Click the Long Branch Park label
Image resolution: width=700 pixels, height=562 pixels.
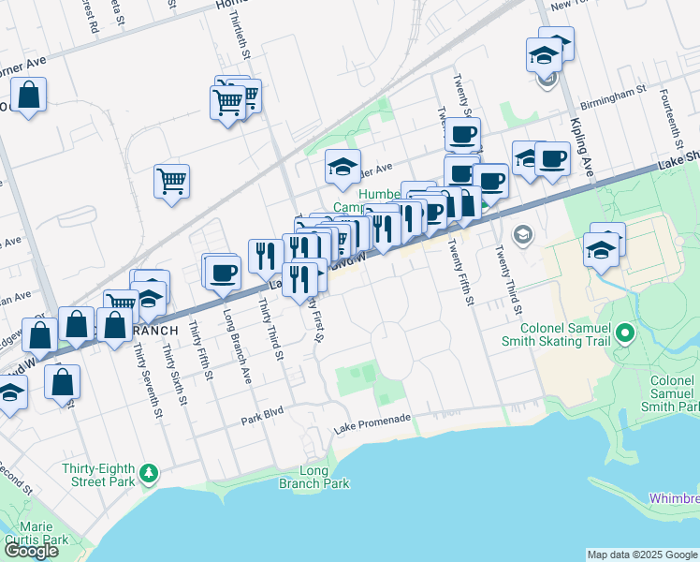click(x=314, y=478)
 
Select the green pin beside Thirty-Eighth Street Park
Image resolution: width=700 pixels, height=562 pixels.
click(x=149, y=474)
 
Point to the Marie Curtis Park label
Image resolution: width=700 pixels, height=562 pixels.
click(x=36, y=533)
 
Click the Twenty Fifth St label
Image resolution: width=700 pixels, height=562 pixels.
click(x=459, y=272)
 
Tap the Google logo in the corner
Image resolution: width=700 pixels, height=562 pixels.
click(x=31, y=551)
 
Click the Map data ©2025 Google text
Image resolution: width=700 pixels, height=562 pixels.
click(x=641, y=555)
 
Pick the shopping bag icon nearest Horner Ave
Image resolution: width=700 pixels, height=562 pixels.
click(x=29, y=96)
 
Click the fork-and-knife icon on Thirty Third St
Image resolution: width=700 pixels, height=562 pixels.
click(x=266, y=255)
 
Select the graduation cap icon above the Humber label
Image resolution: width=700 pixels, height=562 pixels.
click(x=343, y=167)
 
